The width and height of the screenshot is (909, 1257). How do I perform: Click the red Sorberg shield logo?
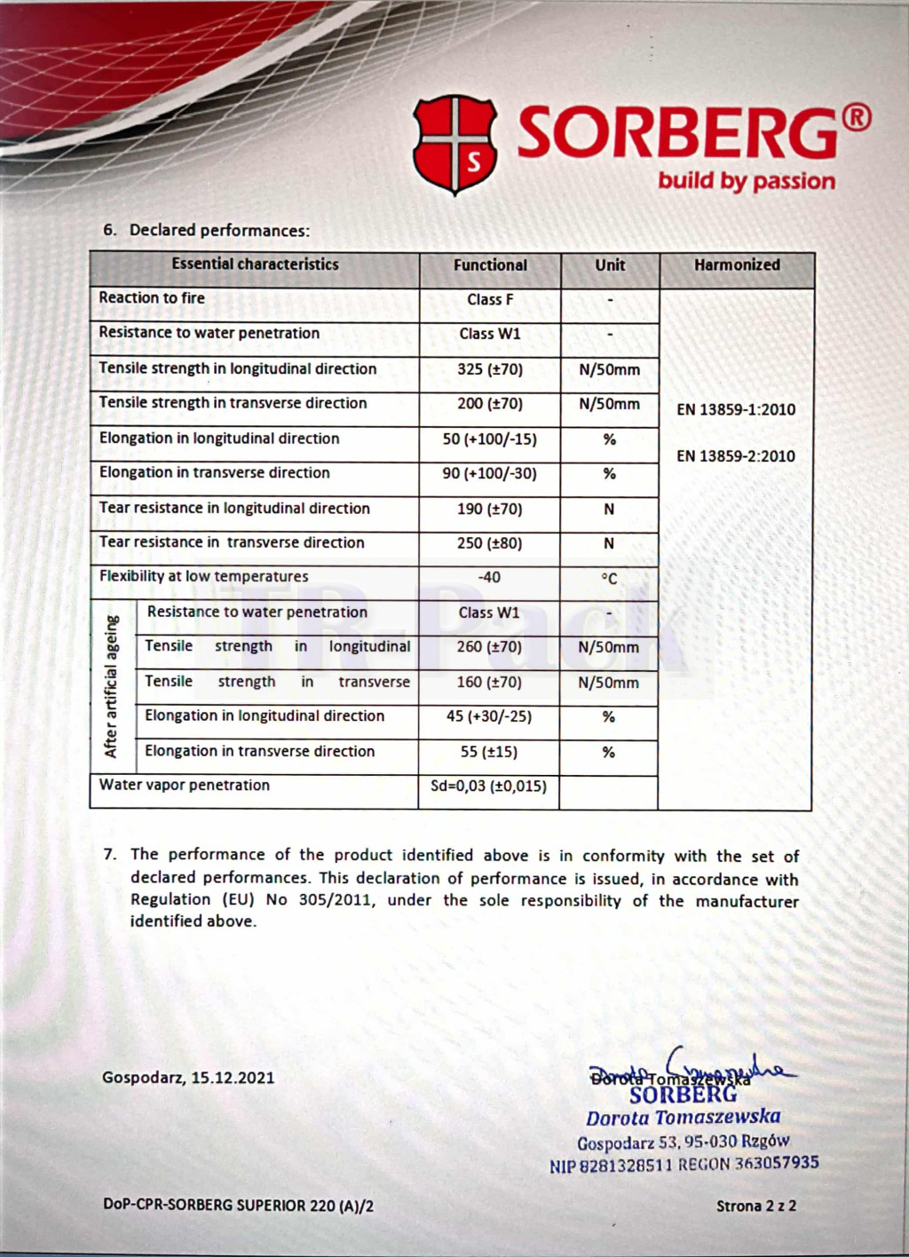coord(454,144)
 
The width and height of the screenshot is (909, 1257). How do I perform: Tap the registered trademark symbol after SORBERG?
coord(857,118)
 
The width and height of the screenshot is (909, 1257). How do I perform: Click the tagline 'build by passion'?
coord(746,181)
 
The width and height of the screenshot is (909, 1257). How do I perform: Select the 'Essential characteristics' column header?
coord(255,265)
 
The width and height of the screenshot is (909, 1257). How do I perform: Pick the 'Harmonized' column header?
coord(737,265)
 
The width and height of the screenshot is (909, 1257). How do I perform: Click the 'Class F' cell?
coord(490,300)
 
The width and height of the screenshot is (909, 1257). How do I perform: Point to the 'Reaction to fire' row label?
coord(152,298)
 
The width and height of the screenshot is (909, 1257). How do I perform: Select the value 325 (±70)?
coord(490,369)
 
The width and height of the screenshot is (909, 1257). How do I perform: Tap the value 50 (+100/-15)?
coord(490,439)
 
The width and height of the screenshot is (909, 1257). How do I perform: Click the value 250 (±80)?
coord(490,543)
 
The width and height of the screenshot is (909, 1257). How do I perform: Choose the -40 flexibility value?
coord(489,578)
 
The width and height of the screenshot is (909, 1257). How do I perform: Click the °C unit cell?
coord(609,579)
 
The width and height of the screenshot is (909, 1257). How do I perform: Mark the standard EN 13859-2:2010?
coord(736,456)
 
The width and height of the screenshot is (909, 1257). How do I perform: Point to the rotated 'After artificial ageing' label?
coord(112,686)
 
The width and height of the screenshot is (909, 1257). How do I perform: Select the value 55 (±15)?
coord(489,752)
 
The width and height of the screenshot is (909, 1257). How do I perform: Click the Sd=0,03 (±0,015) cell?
coord(488,787)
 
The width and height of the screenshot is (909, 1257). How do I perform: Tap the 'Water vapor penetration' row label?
coord(185,786)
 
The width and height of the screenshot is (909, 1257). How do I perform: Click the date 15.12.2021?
coord(233,1078)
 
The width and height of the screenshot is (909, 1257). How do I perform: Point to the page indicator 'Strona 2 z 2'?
coord(756,1206)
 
